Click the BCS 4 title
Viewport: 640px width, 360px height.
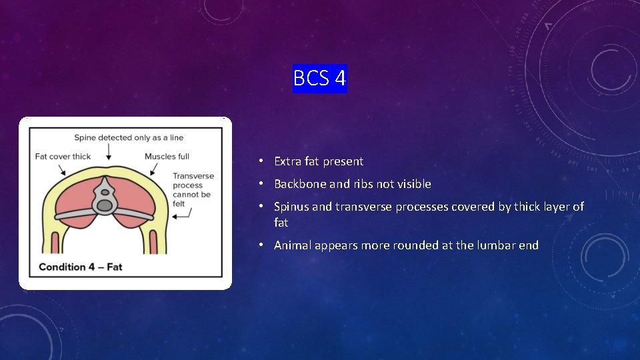coord(319,79)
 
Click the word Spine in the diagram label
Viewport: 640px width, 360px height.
coord(86,138)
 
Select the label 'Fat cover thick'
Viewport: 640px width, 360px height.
coord(63,157)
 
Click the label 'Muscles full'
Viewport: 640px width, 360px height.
coord(167,157)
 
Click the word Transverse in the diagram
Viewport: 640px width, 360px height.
coord(193,176)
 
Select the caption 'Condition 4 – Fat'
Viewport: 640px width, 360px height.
coord(81,267)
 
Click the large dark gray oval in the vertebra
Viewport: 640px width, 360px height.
coord(105,206)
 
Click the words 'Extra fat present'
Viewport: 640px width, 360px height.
coord(319,161)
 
